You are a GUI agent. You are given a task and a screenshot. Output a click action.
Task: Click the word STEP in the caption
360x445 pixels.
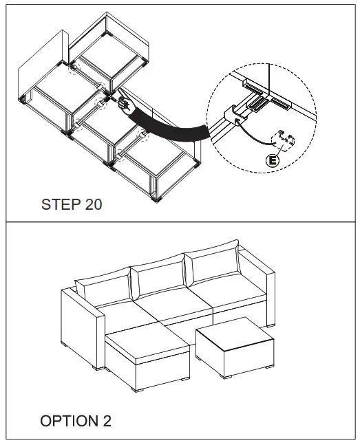point(61,204)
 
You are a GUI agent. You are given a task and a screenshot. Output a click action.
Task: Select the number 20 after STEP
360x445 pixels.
point(93,204)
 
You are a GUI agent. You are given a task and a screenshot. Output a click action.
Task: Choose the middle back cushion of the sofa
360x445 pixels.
point(158,281)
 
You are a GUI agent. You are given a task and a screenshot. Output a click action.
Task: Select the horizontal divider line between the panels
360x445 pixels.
point(180,222)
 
